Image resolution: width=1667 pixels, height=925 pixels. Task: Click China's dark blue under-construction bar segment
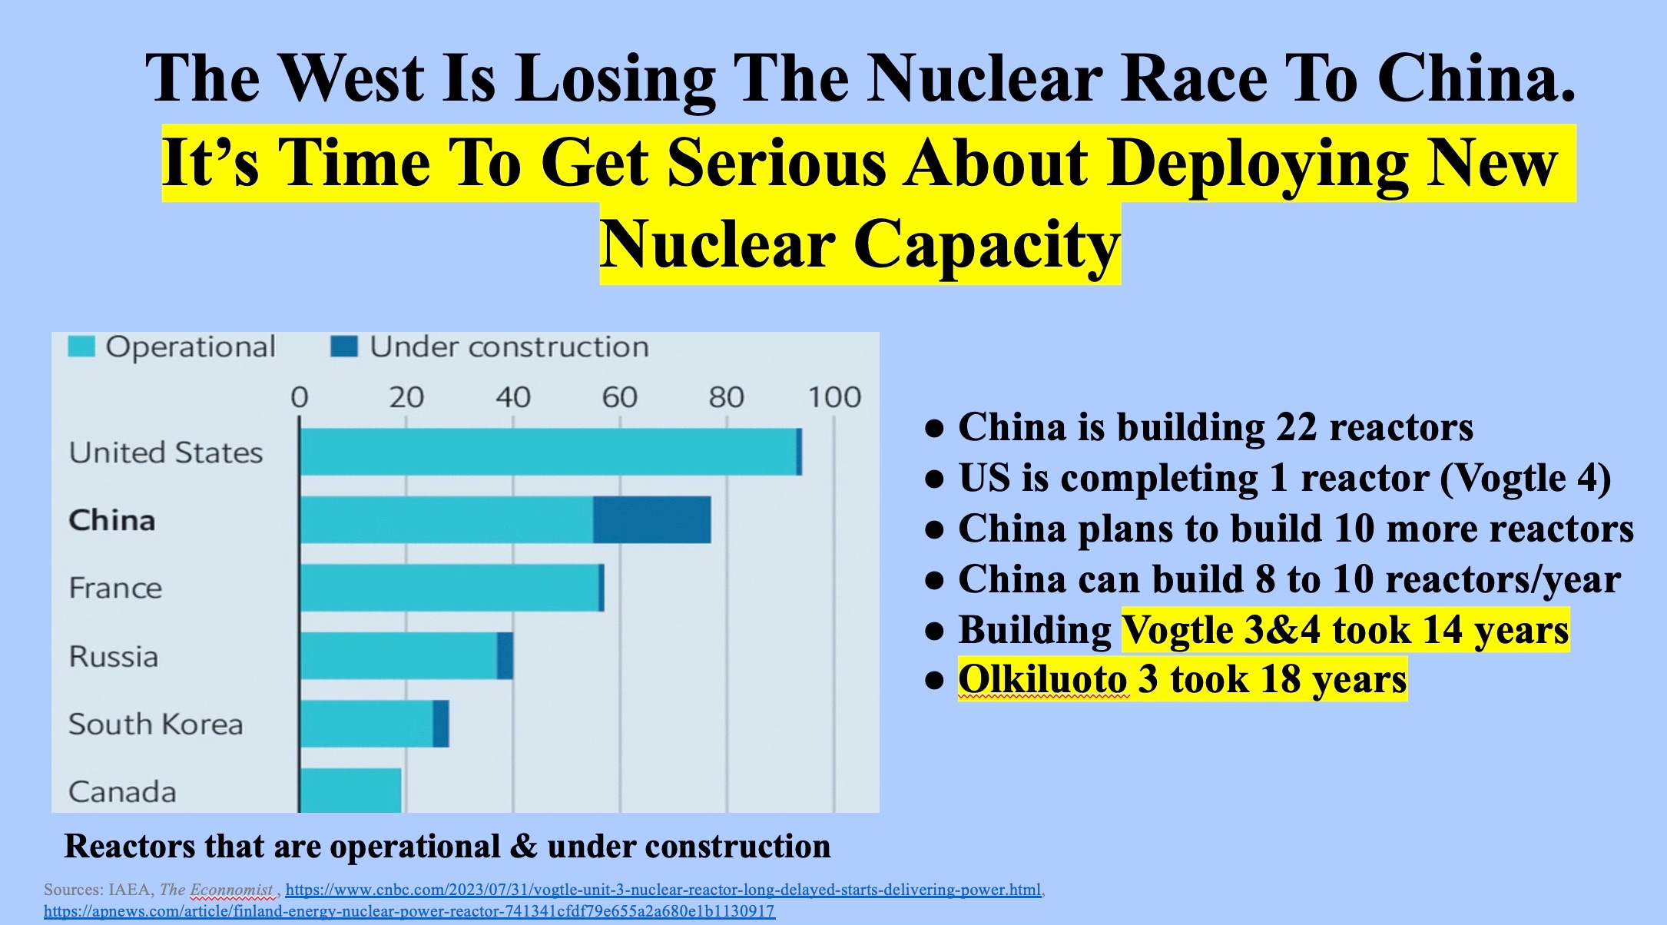click(x=651, y=520)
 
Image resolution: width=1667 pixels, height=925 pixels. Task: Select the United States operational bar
click(x=548, y=452)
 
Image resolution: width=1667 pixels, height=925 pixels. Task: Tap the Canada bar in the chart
click(x=350, y=790)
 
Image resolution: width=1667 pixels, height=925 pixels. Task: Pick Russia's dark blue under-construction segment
click(x=505, y=656)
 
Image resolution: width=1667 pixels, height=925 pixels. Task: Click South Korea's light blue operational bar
click(x=366, y=724)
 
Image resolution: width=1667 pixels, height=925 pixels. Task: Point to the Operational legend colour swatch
click(x=81, y=346)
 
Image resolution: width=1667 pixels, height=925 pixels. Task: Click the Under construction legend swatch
click(x=344, y=346)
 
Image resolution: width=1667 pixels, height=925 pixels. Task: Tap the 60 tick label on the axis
click(x=619, y=397)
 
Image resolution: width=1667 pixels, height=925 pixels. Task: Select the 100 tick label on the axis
click(x=833, y=397)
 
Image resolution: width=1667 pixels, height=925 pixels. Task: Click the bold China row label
click(x=112, y=520)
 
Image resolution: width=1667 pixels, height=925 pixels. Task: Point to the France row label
click(x=115, y=588)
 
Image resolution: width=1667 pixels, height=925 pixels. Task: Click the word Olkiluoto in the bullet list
click(x=1042, y=679)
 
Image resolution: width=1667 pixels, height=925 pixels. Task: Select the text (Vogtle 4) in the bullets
click(x=1525, y=478)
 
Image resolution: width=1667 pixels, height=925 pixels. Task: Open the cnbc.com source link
click(x=663, y=890)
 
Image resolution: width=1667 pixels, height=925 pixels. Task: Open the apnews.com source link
click(x=409, y=911)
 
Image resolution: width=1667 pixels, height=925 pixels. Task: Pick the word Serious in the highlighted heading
click(x=777, y=163)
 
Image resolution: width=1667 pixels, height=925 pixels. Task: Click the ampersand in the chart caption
click(x=523, y=847)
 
